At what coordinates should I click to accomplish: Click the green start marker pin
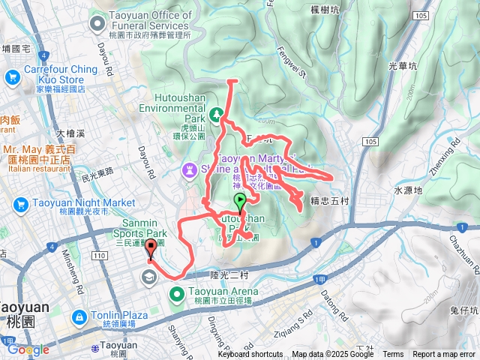(240, 201)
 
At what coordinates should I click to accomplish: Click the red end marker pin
(151, 249)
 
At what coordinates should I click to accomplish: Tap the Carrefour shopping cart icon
(11, 76)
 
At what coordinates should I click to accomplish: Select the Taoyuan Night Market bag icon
(20, 203)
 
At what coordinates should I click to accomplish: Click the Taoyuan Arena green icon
(177, 293)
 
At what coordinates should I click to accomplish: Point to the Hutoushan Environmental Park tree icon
(217, 114)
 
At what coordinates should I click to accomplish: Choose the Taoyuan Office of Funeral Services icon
(97, 25)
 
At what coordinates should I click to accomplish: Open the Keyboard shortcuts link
(250, 355)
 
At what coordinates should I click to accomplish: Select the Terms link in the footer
(393, 355)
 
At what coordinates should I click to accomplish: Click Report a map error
(445, 355)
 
